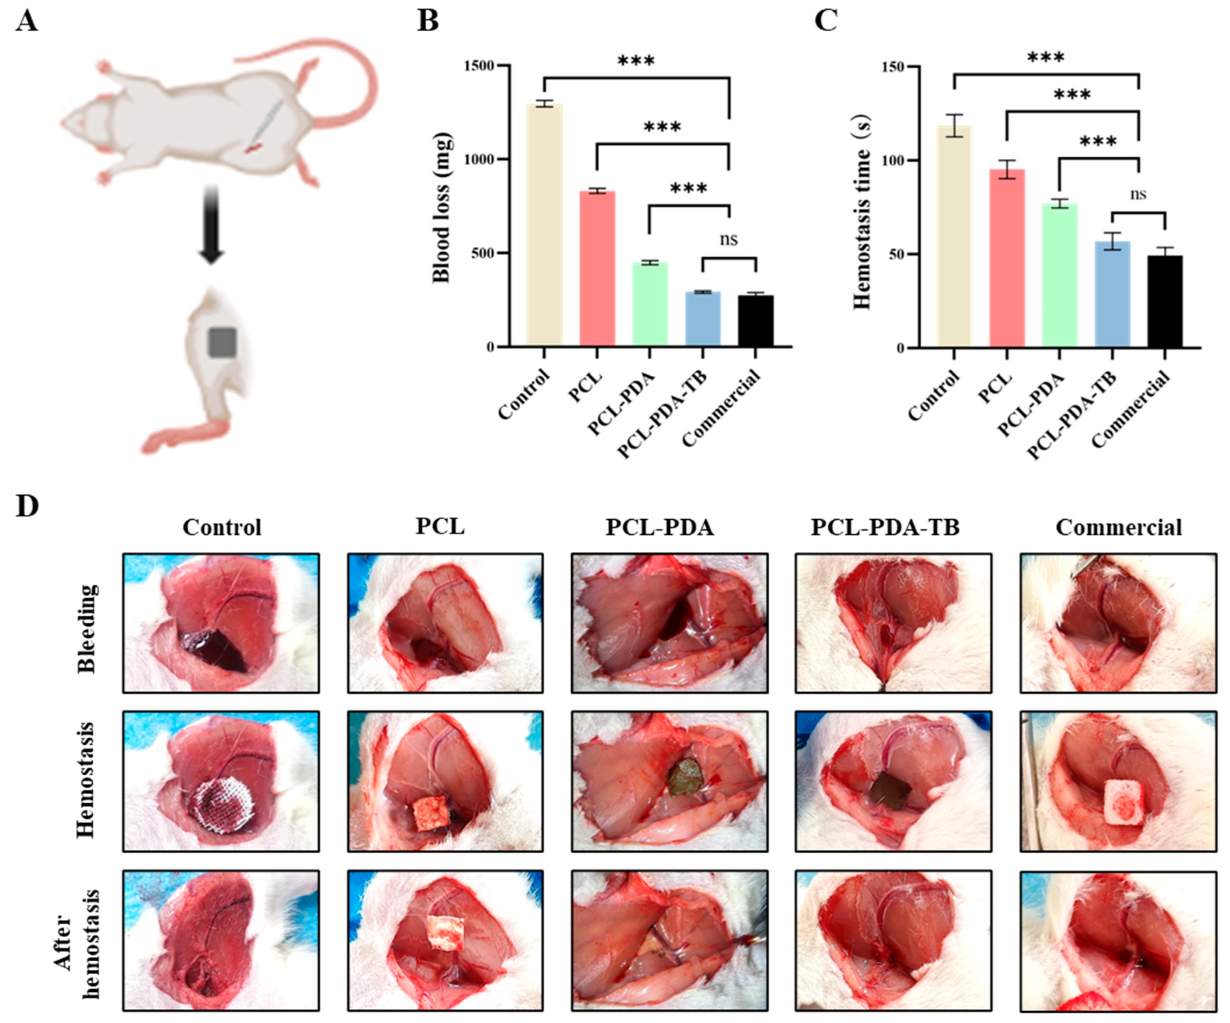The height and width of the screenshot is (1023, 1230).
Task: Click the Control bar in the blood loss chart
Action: tap(544, 225)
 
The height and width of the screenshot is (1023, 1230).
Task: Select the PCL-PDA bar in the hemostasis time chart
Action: tap(1059, 275)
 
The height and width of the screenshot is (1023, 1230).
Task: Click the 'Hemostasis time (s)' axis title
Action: tap(862, 211)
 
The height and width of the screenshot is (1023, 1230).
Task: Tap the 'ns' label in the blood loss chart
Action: tap(728, 239)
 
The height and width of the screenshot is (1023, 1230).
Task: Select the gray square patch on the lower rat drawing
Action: tap(222, 342)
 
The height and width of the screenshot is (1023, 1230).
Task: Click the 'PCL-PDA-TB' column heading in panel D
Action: tap(885, 527)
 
